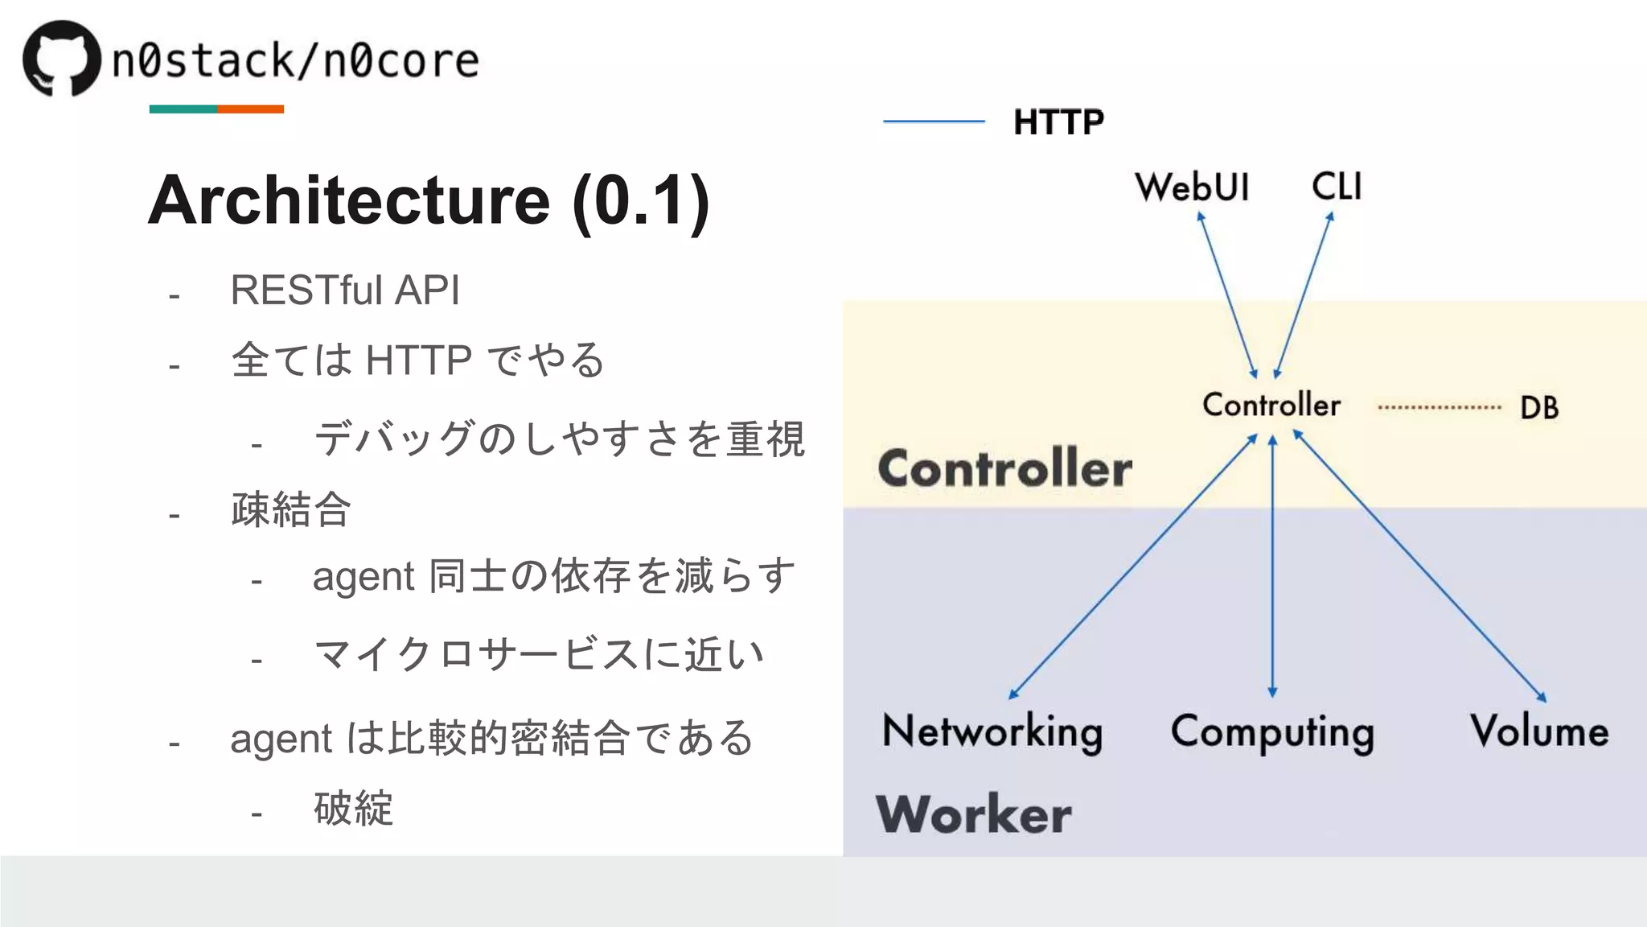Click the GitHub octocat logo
click(x=62, y=58)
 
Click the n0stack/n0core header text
click(x=295, y=61)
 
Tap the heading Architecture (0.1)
click(x=429, y=200)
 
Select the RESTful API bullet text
click(x=345, y=290)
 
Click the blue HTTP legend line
click(x=934, y=122)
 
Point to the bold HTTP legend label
click(x=1058, y=122)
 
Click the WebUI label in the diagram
click(x=1192, y=187)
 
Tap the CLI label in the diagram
click(x=1337, y=187)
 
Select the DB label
click(x=1539, y=408)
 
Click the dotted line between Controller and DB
click(x=1440, y=407)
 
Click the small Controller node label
click(x=1271, y=405)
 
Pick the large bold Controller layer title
click(x=1004, y=468)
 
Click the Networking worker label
click(x=992, y=731)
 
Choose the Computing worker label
click(x=1272, y=732)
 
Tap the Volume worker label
click(x=1539, y=731)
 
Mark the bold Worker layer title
click(x=973, y=814)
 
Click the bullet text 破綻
click(x=353, y=808)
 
